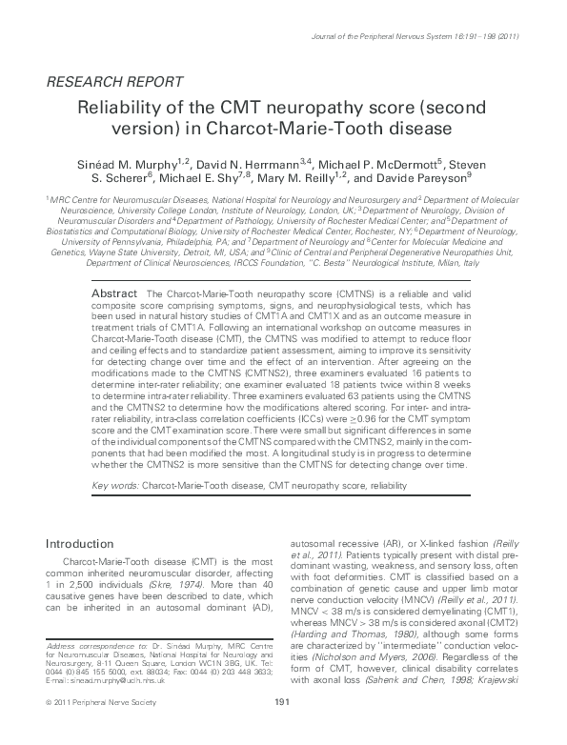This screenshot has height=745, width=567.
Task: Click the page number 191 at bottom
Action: pyautogui.click(x=281, y=729)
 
